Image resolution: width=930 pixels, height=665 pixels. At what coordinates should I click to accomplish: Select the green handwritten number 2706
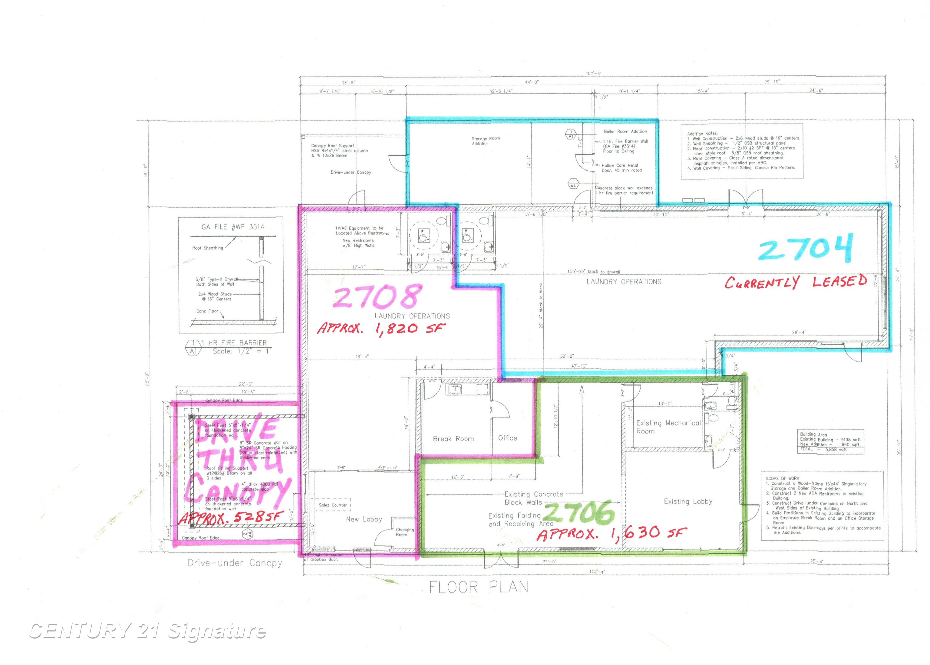(x=580, y=512)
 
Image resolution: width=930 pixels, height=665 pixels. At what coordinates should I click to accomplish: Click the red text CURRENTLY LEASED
(x=795, y=282)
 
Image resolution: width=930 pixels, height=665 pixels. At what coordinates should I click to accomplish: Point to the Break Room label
(x=453, y=439)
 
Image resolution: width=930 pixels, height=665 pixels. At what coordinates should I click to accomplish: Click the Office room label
(x=507, y=438)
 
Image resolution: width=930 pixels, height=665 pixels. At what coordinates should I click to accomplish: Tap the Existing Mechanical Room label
(x=668, y=427)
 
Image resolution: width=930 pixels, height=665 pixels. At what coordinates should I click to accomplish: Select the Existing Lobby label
(x=688, y=501)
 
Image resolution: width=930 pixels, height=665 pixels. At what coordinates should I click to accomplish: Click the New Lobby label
(x=364, y=519)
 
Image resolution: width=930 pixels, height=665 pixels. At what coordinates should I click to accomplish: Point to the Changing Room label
(x=404, y=532)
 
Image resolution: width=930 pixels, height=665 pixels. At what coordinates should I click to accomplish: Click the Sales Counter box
(x=333, y=505)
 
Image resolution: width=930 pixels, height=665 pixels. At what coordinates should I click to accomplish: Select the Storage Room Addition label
(x=486, y=141)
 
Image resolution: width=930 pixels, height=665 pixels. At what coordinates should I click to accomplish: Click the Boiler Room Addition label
(x=625, y=131)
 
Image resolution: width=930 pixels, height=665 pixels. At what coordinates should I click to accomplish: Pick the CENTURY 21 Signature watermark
(x=147, y=631)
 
